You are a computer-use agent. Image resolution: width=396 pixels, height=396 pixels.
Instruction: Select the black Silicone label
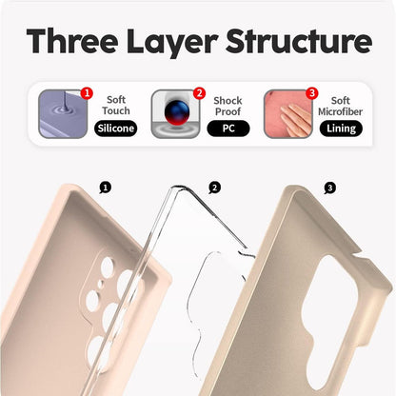tap(115, 129)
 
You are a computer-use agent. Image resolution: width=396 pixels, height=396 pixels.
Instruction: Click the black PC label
tap(228, 129)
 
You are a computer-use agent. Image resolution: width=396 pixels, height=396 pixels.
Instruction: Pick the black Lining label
tap(340, 129)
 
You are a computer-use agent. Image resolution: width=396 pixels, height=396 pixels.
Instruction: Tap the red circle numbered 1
tap(87, 93)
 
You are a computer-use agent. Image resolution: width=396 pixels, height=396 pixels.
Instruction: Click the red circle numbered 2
tap(199, 93)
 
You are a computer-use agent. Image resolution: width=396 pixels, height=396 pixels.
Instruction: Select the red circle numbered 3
tap(311, 93)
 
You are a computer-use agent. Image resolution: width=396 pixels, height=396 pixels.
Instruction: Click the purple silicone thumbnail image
tap(62, 114)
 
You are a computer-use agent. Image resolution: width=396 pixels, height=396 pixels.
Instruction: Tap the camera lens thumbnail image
tap(174, 114)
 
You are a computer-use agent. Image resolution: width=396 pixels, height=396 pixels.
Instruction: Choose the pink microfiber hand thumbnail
tap(287, 114)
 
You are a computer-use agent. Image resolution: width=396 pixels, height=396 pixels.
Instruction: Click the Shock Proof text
tap(228, 106)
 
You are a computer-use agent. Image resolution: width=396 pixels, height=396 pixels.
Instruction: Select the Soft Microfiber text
tap(340, 106)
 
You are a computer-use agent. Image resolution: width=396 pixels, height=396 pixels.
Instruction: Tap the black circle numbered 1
tap(105, 188)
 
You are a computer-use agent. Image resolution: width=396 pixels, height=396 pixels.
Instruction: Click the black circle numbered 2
tap(215, 188)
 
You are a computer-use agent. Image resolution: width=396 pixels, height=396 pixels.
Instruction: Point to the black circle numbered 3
tap(329, 188)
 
